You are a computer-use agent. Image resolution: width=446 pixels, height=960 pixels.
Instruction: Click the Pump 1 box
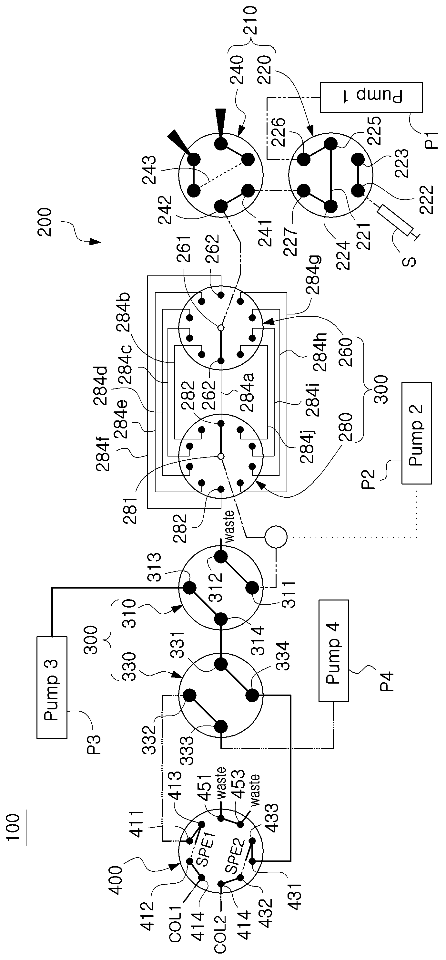tap(371, 98)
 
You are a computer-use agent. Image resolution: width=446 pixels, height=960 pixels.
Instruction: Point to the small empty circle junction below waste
tap(276, 537)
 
